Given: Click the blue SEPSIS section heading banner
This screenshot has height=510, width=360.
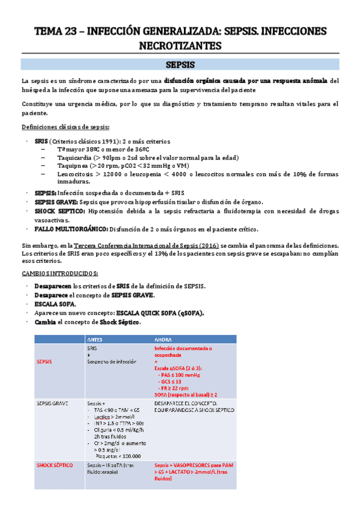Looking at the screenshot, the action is coord(180,64).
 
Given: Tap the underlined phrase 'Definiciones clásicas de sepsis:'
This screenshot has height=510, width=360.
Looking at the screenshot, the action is coord(66,127).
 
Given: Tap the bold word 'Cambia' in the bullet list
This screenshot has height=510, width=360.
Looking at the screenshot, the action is coord(46,322).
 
